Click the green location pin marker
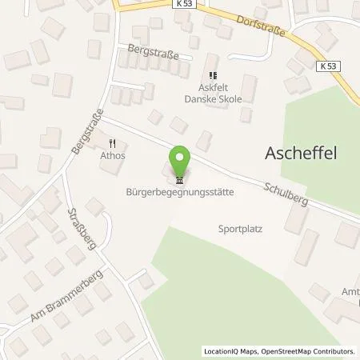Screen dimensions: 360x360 coord(180,160)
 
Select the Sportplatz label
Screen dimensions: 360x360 coord(241,228)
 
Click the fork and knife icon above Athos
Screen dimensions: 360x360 coord(112,144)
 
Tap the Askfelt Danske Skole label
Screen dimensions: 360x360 coord(211,81)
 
